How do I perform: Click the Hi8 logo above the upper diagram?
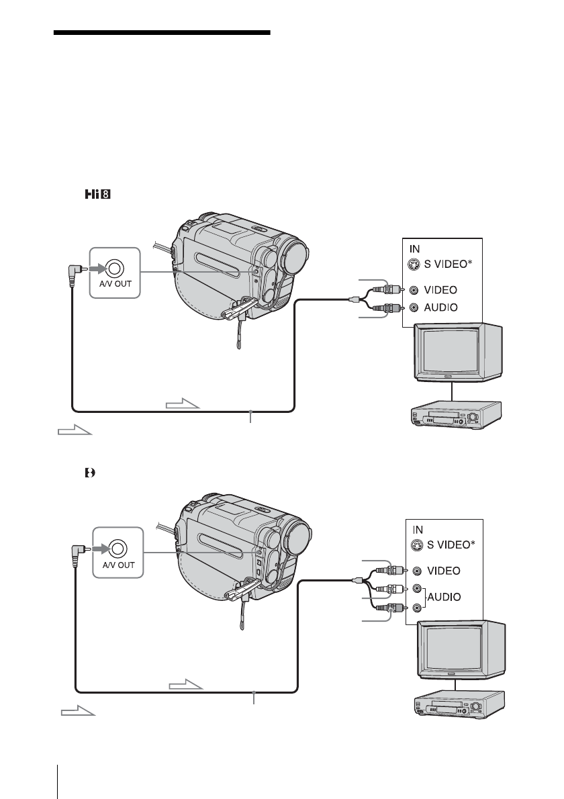pos(97,195)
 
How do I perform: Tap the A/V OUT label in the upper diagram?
pos(115,284)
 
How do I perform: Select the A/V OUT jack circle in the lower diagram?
pos(118,549)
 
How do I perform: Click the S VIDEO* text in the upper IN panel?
pos(445,264)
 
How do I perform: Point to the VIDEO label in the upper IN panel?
pos(440,289)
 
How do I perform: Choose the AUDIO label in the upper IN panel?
pos(440,308)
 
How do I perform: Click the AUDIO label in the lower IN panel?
pos(444,597)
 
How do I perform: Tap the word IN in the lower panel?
pos(418,530)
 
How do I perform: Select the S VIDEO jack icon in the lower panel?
pos(417,545)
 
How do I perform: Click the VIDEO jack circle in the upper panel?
pos(414,290)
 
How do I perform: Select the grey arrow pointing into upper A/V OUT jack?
pos(96,268)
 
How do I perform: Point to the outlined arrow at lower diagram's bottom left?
pos(78,711)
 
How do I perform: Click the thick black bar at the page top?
pos(162,33)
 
